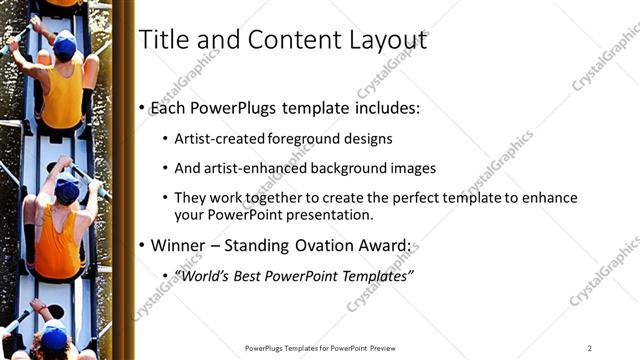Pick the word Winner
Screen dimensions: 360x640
(182, 245)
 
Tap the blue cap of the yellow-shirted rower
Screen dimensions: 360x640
(64, 44)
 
